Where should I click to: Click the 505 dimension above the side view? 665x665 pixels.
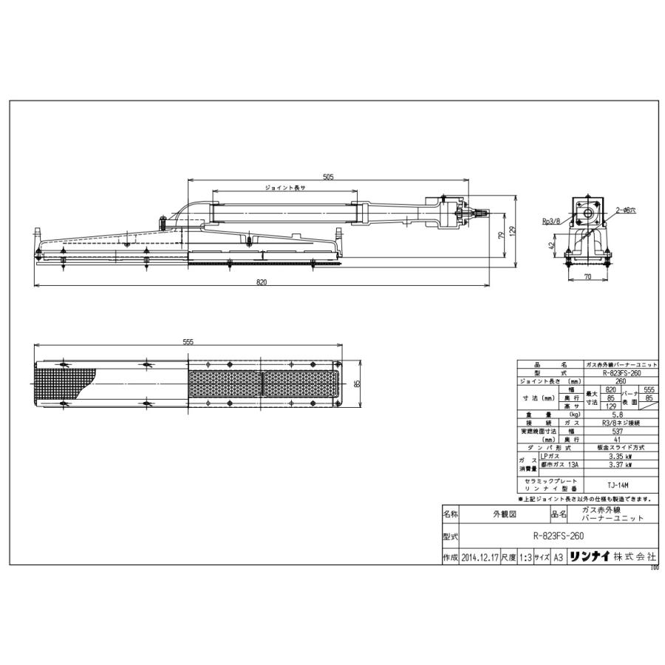[x=328, y=177]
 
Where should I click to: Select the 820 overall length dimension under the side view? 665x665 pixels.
[x=261, y=283]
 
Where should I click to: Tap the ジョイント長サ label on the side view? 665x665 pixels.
[x=284, y=188]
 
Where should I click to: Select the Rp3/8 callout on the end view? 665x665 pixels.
[x=550, y=219]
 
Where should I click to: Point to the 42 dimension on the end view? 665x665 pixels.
[x=553, y=245]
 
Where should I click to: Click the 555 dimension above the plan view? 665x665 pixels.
[x=188, y=342]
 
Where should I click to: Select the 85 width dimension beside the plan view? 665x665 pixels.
[x=357, y=383]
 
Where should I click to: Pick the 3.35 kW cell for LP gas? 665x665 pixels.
[x=618, y=457]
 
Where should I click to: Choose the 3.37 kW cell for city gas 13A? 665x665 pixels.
[x=618, y=466]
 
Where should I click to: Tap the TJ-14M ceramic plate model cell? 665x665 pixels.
[x=618, y=485]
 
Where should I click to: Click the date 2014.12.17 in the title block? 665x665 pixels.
[x=479, y=559]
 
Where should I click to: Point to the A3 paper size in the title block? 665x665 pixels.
[x=559, y=559]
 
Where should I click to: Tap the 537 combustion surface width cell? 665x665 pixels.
[x=618, y=431]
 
